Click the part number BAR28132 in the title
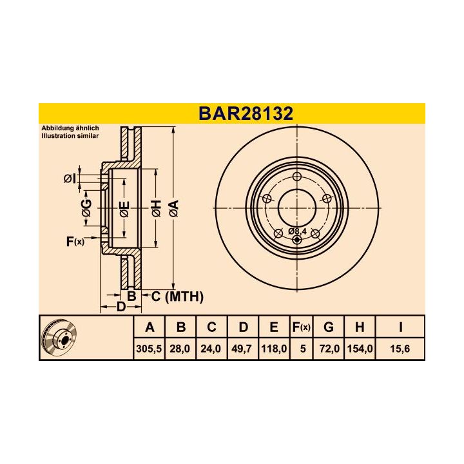click(246, 113)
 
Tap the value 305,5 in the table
click(150, 349)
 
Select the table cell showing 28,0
click(181, 349)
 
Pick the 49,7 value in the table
click(242, 349)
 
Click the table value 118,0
click(274, 349)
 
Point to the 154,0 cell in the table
click(360, 349)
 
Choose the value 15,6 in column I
click(401, 349)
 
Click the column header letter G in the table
click(329, 327)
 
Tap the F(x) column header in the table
click(302, 327)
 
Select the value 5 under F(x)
click(302, 349)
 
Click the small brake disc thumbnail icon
click(58, 338)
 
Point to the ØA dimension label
click(173, 208)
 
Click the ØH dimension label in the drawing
click(156, 208)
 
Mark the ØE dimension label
click(124, 208)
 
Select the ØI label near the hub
click(70, 179)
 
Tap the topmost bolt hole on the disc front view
click(296, 178)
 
